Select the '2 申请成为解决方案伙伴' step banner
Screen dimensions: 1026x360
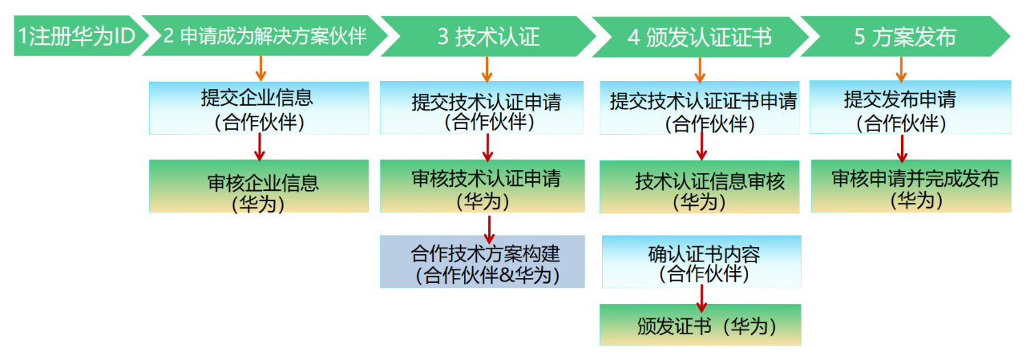(x=265, y=36)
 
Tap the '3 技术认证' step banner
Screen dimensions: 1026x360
(x=488, y=37)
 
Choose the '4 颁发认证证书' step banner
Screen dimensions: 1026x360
(x=700, y=37)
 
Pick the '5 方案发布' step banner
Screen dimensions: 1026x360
(x=905, y=37)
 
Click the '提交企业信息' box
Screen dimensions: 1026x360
(x=259, y=108)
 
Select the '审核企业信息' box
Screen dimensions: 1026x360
(x=259, y=186)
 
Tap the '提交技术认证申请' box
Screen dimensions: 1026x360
(x=482, y=107)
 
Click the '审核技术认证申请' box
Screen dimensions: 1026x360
(x=483, y=186)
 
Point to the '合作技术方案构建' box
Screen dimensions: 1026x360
(x=483, y=261)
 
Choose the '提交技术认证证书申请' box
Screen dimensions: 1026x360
(x=700, y=108)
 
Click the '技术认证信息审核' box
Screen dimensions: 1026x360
(x=700, y=187)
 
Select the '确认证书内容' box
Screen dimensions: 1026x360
(x=701, y=261)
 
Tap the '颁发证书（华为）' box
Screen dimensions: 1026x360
(x=701, y=324)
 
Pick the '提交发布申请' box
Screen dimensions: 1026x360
(x=911, y=107)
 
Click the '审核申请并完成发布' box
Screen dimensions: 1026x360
(x=911, y=186)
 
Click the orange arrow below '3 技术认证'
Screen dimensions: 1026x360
(x=487, y=69)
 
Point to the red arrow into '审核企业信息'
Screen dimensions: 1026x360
(x=260, y=147)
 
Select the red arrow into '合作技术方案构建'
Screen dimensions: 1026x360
(x=489, y=229)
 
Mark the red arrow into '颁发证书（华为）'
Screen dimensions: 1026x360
(x=701, y=298)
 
